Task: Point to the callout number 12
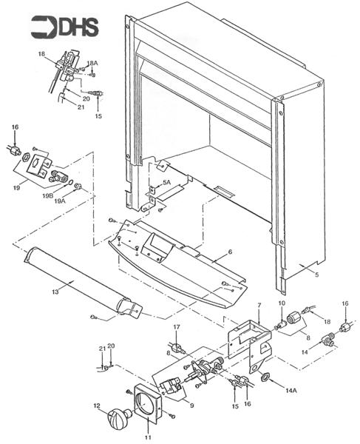click(x=97, y=405)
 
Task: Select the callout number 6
click(x=230, y=252)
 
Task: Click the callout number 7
click(x=259, y=305)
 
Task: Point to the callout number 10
click(x=282, y=305)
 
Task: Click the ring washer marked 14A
click(x=265, y=377)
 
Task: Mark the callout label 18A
click(x=92, y=64)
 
